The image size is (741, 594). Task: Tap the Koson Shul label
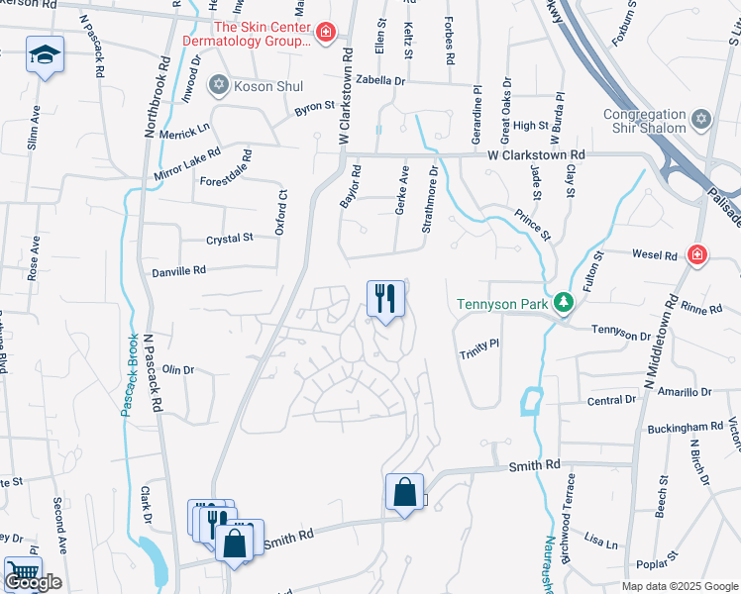tap(267, 86)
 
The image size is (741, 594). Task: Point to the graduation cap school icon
tap(45, 54)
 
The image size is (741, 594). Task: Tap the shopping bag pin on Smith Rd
tap(405, 492)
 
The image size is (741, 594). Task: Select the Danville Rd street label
tap(178, 269)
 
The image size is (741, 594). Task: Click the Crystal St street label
tap(230, 238)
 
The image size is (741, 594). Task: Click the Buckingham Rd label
tap(680, 427)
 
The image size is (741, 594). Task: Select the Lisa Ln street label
tap(601, 543)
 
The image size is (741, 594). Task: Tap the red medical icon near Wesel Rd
tap(697, 255)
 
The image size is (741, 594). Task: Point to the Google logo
tap(33, 582)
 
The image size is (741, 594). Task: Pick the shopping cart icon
tap(22, 571)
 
